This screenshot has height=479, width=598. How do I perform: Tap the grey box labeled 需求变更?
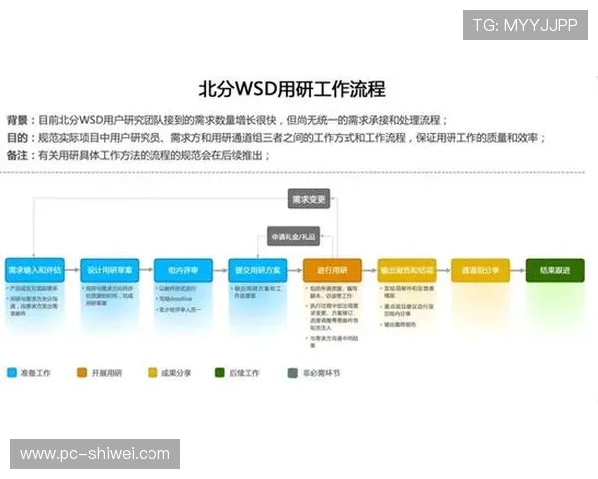tap(308, 199)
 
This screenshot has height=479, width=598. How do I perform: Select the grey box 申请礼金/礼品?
tap(293, 236)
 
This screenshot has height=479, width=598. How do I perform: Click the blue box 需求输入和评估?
tap(34, 270)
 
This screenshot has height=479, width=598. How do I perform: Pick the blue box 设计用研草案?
tap(109, 270)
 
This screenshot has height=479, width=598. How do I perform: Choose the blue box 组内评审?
tap(182, 270)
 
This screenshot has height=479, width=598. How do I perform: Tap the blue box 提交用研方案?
tap(257, 270)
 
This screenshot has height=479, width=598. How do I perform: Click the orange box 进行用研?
tap(332, 270)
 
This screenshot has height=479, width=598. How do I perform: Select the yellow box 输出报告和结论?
tap(406, 270)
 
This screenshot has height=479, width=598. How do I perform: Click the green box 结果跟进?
tap(555, 270)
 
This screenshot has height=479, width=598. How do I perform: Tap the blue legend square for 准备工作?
tap(11, 372)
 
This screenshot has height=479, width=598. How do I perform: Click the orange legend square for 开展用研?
tap(82, 372)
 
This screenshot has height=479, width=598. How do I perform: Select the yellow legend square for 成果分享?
tap(152, 372)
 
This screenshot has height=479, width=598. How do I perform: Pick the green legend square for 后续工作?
tap(220, 372)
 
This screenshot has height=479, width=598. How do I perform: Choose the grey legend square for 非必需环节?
tap(292, 373)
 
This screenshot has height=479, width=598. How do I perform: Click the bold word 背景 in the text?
tap(17, 118)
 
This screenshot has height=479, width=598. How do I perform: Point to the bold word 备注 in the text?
tap(17, 155)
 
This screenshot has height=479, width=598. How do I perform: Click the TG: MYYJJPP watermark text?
tap(524, 25)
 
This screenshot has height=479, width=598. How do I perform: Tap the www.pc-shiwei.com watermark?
tap(95, 454)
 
